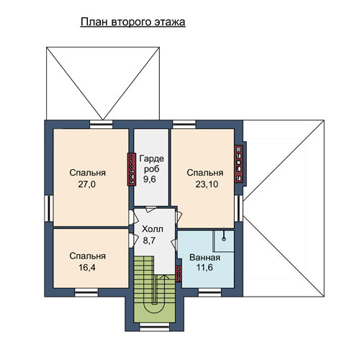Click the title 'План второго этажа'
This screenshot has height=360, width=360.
point(132,22)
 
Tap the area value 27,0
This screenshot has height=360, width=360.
point(87,184)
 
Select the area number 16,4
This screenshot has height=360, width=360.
point(87,268)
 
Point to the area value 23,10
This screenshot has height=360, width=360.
point(207,184)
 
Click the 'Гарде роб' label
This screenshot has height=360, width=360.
point(152,163)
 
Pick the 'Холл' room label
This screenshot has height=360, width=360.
point(153,229)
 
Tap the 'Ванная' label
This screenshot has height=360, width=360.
point(204,258)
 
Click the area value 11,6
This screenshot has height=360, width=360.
point(204,267)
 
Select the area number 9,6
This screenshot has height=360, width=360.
point(150,179)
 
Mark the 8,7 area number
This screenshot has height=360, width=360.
point(149,240)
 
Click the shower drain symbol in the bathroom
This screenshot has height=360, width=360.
point(224,239)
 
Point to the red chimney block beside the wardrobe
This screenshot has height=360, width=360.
point(132,169)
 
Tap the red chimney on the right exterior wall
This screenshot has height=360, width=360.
point(239,164)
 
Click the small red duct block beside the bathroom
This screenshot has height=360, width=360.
point(179,274)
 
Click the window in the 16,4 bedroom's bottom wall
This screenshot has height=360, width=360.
point(86,292)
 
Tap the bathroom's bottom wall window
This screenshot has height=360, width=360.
point(210,292)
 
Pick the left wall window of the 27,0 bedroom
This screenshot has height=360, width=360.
point(49,208)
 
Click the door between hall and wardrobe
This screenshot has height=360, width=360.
point(151,209)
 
